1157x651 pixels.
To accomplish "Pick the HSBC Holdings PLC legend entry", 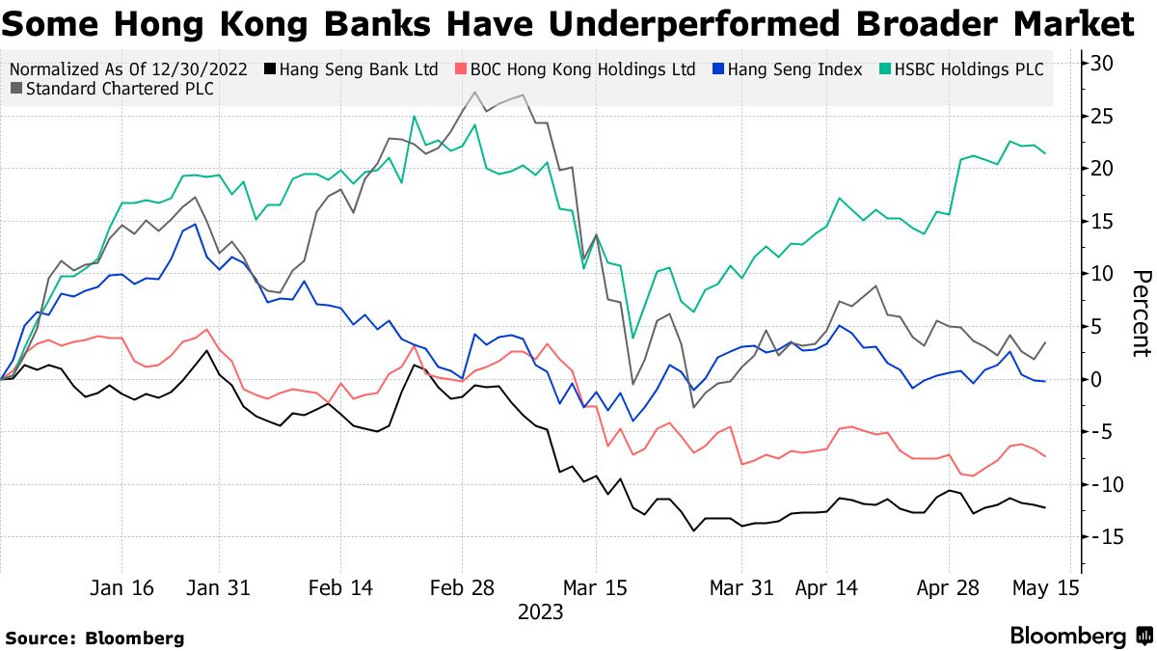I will [x=964, y=69].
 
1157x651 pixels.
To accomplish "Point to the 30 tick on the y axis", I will [x=1103, y=64].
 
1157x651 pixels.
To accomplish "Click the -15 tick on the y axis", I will [x=1100, y=536].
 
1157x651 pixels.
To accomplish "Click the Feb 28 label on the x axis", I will [x=462, y=588].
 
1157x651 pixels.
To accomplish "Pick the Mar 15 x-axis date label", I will [x=596, y=588].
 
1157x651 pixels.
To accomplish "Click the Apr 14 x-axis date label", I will [x=826, y=588].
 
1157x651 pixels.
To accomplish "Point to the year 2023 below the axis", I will [x=540, y=611].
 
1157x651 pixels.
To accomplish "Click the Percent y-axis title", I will [x=1141, y=313].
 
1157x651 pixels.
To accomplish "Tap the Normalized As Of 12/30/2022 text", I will [x=128, y=69].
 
